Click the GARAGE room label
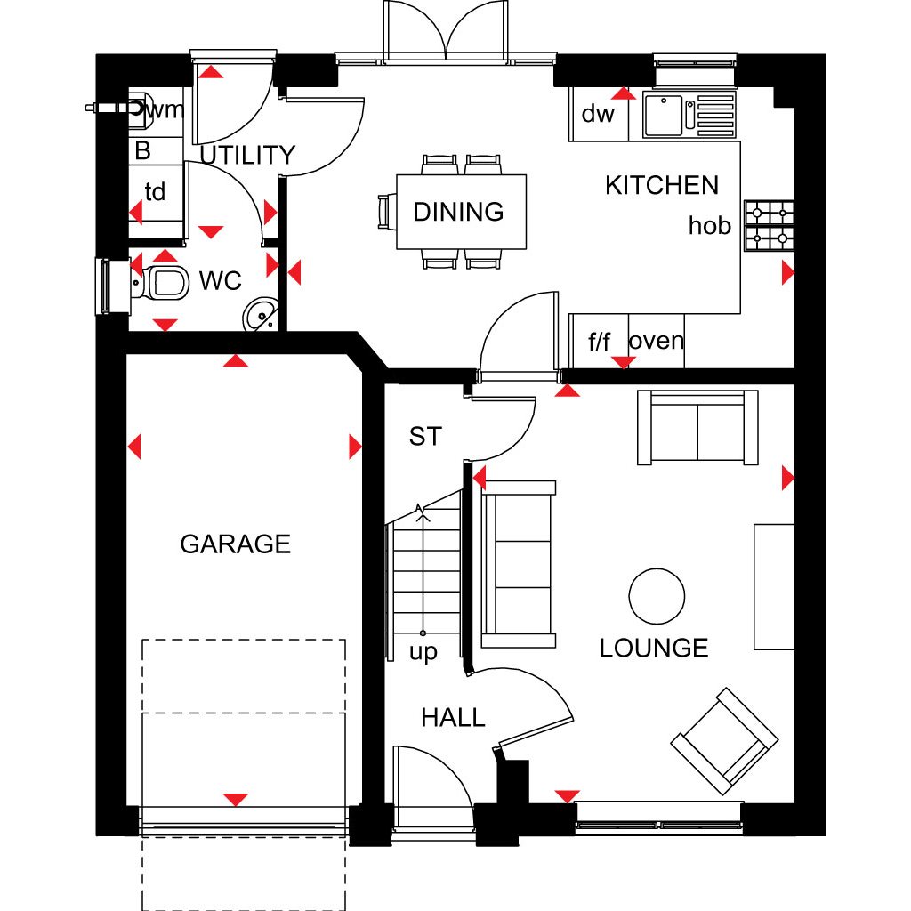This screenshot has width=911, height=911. click(x=235, y=544)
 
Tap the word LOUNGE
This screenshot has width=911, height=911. click(x=654, y=649)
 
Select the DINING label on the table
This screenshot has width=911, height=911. click(x=458, y=212)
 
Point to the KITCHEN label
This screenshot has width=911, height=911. click(x=662, y=185)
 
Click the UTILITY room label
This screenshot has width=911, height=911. click(x=248, y=155)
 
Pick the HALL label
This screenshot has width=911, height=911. click(x=453, y=718)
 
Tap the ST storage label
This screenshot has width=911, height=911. click(x=425, y=436)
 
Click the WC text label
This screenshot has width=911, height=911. click(x=221, y=281)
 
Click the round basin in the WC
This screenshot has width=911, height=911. click(x=260, y=314)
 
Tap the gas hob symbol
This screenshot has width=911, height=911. click(x=770, y=225)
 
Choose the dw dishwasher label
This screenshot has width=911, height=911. click(x=598, y=114)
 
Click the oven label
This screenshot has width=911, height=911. click(x=657, y=341)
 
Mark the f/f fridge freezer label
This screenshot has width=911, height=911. click(x=599, y=342)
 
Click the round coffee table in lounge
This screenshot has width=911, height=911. click(x=657, y=596)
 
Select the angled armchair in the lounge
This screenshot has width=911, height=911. click(x=724, y=741)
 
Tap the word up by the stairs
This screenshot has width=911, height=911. click(x=423, y=652)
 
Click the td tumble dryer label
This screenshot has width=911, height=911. click(x=155, y=191)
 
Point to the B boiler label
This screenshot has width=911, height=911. click(x=143, y=150)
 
